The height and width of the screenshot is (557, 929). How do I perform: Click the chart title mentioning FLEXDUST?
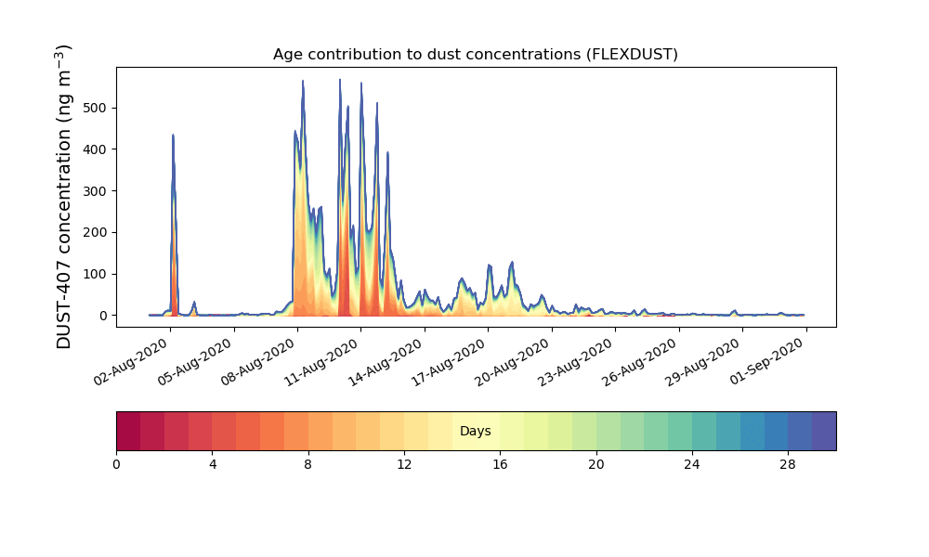(x=475, y=55)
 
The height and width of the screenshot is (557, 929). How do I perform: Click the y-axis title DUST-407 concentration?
(x=63, y=197)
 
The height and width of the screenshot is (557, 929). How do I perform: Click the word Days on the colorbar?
(x=475, y=432)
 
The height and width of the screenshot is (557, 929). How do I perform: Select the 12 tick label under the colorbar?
(x=404, y=465)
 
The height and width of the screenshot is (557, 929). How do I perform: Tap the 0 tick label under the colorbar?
(x=116, y=465)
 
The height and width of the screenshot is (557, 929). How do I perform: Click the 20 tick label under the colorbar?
(x=595, y=465)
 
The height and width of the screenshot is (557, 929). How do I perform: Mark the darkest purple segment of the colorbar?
(x=824, y=432)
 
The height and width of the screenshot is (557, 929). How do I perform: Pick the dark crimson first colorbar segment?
(x=128, y=432)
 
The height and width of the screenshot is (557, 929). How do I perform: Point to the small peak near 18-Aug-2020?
(x=512, y=264)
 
